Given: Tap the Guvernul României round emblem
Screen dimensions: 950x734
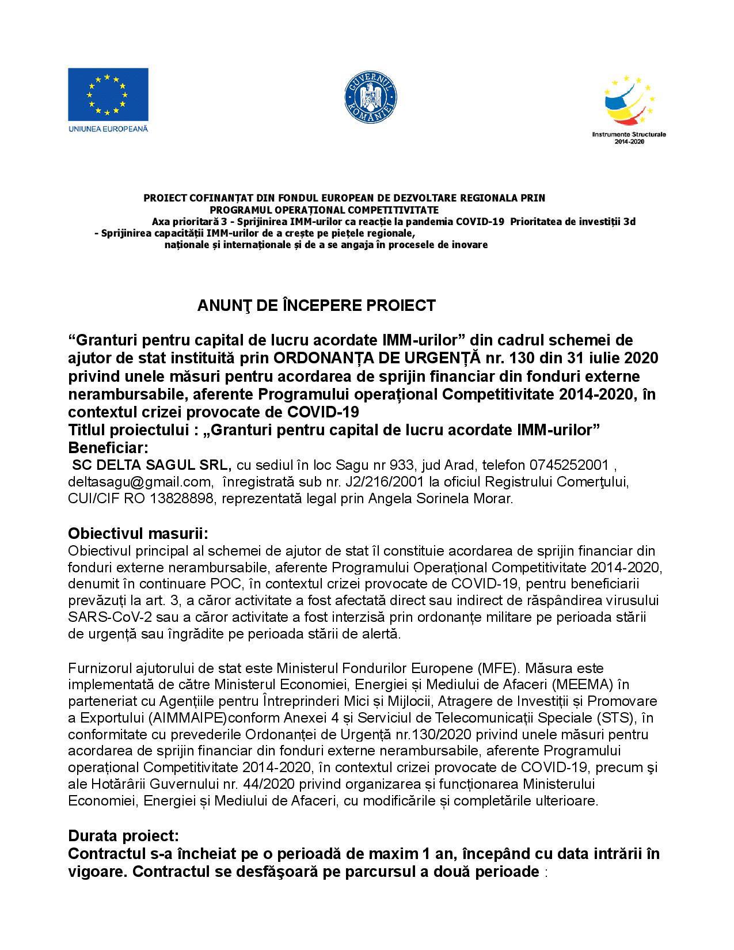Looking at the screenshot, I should tap(371, 96).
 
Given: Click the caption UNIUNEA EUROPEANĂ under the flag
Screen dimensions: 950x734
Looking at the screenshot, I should tap(108, 128).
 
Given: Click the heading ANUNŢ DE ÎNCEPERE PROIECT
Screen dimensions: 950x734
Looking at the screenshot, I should tap(317, 305).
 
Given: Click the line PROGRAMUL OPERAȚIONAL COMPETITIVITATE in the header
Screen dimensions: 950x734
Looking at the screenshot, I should tap(324, 210).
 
